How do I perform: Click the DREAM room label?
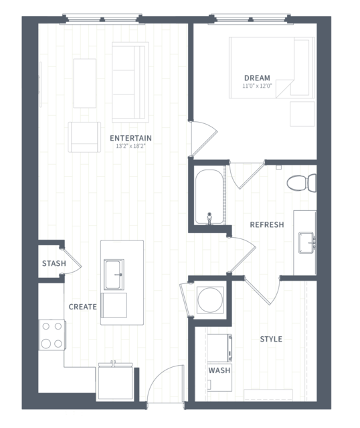click(257, 78)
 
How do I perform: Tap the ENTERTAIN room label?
click(130, 138)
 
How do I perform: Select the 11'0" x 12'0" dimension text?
click(257, 86)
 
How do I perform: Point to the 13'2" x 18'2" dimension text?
click(130, 146)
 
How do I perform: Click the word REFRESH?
click(267, 224)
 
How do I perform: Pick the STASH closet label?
click(54, 263)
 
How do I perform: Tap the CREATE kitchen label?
click(82, 307)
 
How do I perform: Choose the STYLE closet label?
click(271, 339)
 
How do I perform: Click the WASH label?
click(219, 370)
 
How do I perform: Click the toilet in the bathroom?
click(302, 183)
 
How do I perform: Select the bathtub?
click(209, 197)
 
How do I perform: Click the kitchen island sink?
click(114, 275)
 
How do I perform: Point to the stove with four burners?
click(52, 335)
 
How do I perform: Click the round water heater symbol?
click(210, 299)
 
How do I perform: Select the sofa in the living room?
click(130, 82)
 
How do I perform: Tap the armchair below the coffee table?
click(84, 137)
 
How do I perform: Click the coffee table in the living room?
click(84, 83)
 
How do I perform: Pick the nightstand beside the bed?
click(302, 114)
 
